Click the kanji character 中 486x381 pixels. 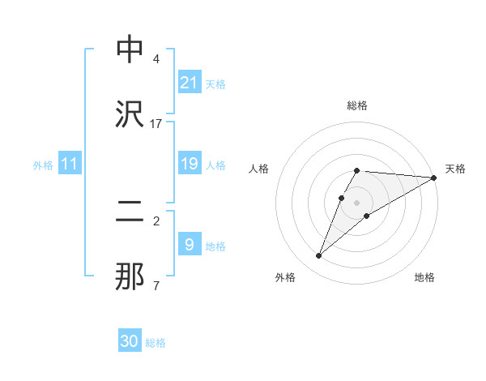tap(130, 50)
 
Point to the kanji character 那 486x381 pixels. tap(130, 276)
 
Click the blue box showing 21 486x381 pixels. tap(189, 83)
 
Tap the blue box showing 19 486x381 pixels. tap(189, 165)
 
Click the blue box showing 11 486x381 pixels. tap(70, 165)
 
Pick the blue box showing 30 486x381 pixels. tap(130, 342)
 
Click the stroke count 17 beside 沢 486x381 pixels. tap(156, 123)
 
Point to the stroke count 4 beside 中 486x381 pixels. tap(156, 59)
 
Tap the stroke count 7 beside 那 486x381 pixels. tap(156, 285)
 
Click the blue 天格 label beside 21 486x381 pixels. tap(215, 83)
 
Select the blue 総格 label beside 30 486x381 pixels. tap(156, 343)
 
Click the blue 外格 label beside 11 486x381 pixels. tap(43, 165)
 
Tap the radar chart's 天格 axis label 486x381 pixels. tap(455, 169)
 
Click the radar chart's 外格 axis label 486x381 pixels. tap(285, 277)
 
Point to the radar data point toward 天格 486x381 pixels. tap(433, 178)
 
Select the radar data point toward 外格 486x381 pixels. tap(318, 256)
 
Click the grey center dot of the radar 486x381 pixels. tap(356, 202)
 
